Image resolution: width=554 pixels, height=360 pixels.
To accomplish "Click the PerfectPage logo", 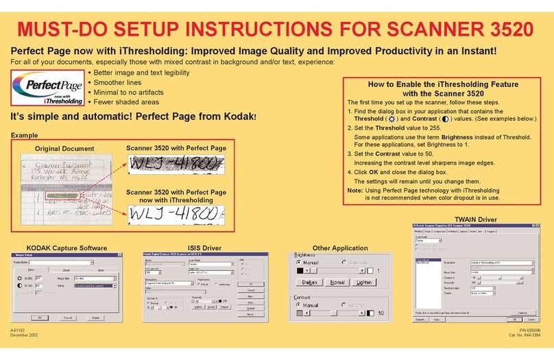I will [47, 90].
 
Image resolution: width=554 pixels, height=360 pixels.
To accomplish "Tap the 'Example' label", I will [25, 136].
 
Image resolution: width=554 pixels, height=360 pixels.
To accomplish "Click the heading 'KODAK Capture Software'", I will [66, 248].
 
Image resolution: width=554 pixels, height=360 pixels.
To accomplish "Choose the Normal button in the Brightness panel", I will [337, 282].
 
